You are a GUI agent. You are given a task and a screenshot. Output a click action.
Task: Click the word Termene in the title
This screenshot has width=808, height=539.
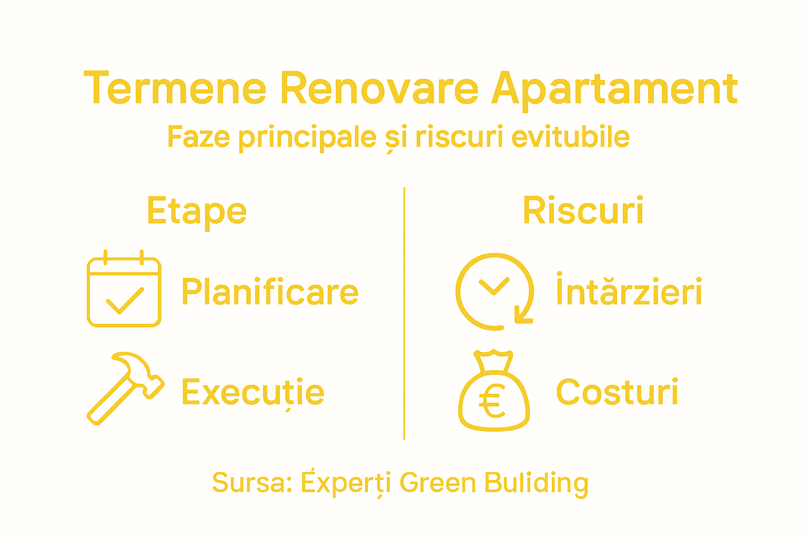pyautogui.click(x=175, y=88)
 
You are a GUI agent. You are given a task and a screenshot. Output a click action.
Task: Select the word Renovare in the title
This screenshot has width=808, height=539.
pyautogui.click(x=379, y=88)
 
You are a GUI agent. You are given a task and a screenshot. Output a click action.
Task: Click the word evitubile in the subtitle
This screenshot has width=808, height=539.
pyautogui.click(x=570, y=137)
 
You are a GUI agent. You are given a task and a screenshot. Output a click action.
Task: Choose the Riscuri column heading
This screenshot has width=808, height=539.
pyautogui.click(x=583, y=211)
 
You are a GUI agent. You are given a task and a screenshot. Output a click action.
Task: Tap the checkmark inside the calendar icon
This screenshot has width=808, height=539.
pyautogui.click(x=125, y=301)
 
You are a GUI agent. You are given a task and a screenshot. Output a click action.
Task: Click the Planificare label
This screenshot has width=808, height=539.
pyautogui.click(x=270, y=292)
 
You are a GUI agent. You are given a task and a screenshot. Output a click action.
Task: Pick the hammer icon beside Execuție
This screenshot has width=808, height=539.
pyautogui.click(x=125, y=387)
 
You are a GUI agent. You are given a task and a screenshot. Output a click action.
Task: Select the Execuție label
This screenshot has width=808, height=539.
pyautogui.click(x=252, y=393)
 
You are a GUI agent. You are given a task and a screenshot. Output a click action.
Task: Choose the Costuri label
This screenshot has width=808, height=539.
pyautogui.click(x=617, y=392)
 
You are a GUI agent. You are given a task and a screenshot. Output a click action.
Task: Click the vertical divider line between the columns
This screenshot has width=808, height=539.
pyautogui.click(x=404, y=313)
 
